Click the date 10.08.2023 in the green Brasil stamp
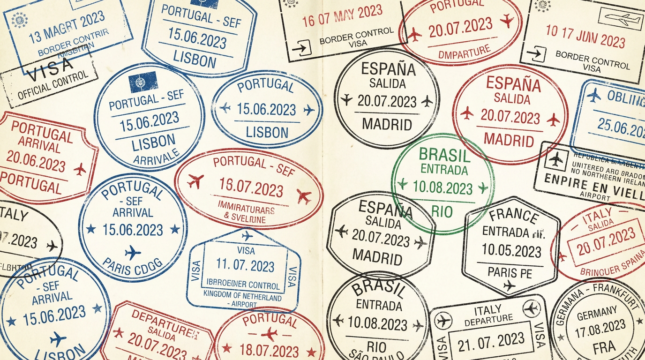pyautogui.click(x=442, y=188)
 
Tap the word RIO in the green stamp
pyautogui.click(x=442, y=212)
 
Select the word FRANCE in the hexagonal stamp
pyautogui.click(x=514, y=216)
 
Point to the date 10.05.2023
pyautogui.click(x=511, y=251)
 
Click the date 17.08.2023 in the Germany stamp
pyautogui.click(x=601, y=327)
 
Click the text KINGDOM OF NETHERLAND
pyautogui.click(x=242, y=297)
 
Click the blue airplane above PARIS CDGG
pyautogui.click(x=133, y=253)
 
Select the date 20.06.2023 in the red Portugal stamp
pyautogui.click(x=36, y=162)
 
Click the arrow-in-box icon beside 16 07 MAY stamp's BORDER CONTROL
pyautogui.click(x=301, y=47)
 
